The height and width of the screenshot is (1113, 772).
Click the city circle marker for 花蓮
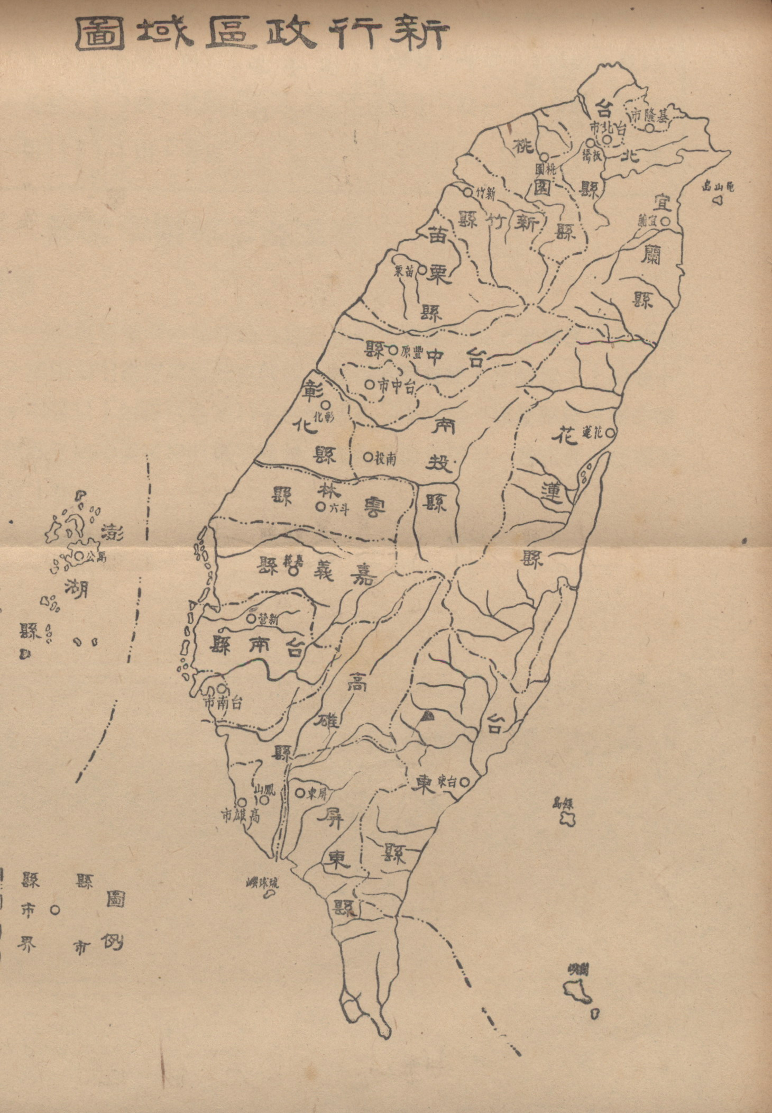pyautogui.click(x=610, y=432)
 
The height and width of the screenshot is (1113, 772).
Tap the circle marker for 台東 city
pyautogui.click(x=465, y=781)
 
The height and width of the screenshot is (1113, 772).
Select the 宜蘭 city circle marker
pyautogui.click(x=666, y=221)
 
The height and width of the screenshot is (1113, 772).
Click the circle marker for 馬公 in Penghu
pyautogui.click(x=78, y=556)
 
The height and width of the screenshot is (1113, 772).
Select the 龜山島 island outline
pyautogui.click(x=718, y=200)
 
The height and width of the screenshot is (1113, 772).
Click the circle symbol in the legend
pyautogui.click(x=54, y=910)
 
